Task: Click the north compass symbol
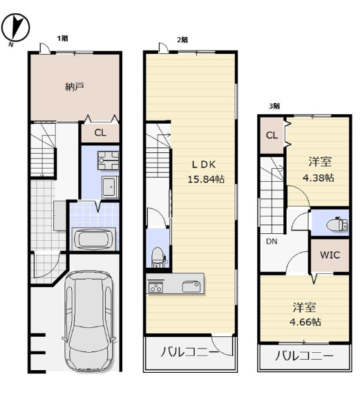point(15,28)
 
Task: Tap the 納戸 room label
point(74,86)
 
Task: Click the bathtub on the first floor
point(94,239)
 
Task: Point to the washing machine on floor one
point(108,160)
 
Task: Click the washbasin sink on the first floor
point(110,187)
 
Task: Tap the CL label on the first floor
point(100,133)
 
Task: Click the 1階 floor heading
point(63,39)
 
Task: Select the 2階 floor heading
point(182,40)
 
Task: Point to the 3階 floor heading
point(274,106)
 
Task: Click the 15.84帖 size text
point(206,179)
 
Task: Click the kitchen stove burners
point(155,287)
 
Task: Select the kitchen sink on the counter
point(191,286)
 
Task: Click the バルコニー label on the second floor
point(190,351)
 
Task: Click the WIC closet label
point(330,255)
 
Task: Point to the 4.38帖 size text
point(318,178)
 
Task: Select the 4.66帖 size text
point(305,322)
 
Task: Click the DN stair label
point(272,241)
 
